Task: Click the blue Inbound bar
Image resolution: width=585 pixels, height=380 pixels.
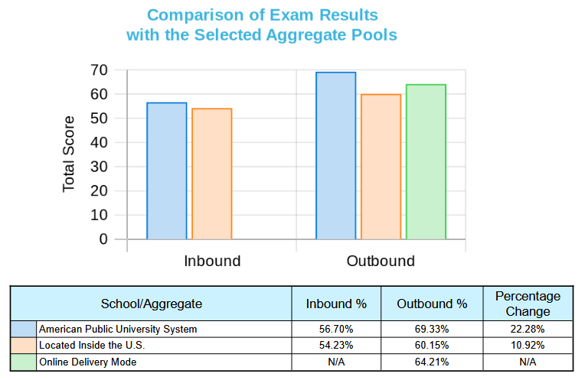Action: point(167,171)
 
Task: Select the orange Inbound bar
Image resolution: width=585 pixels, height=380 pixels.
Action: point(211,174)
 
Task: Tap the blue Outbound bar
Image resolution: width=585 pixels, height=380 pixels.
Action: point(336,155)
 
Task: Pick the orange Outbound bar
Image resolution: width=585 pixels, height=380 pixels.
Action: point(381,167)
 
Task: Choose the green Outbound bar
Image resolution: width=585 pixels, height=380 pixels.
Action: point(426,161)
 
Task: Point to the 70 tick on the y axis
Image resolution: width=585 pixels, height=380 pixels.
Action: point(97,70)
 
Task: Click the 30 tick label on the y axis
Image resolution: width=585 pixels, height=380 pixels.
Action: point(97,167)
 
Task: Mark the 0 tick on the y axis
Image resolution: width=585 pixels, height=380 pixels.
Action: point(103,239)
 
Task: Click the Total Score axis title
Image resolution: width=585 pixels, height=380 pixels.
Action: point(69,154)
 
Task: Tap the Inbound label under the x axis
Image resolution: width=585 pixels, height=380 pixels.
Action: point(212,261)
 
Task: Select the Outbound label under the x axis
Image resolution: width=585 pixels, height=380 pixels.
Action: point(381,261)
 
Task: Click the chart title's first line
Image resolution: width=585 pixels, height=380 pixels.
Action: point(262,15)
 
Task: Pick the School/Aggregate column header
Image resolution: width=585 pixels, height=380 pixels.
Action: point(152,304)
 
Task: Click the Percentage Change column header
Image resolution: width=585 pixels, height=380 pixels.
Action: point(528,304)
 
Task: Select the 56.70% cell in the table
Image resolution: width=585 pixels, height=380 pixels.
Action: point(336,329)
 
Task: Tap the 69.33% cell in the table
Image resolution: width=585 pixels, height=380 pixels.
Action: point(432,329)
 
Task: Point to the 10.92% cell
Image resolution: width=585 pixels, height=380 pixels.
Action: point(528,345)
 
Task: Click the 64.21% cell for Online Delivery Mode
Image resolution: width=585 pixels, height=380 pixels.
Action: point(432,362)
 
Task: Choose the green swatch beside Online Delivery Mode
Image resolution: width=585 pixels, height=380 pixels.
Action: point(23,362)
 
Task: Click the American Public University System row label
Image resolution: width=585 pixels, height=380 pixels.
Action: point(118,329)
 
